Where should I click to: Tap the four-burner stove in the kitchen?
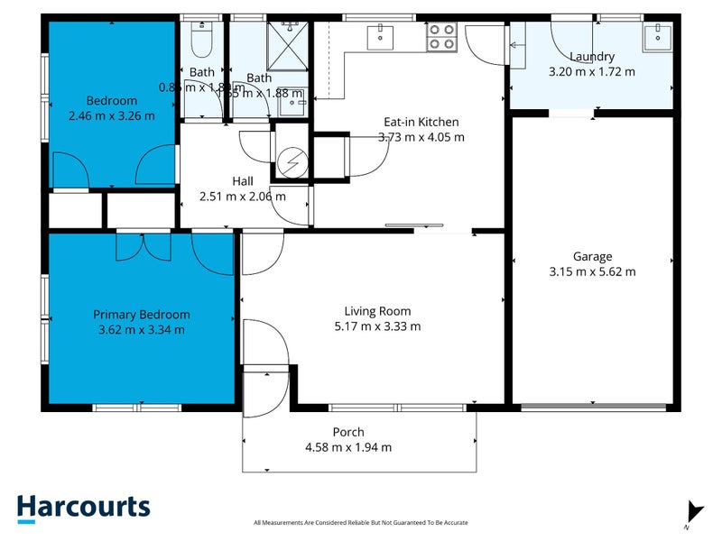coord(441,36)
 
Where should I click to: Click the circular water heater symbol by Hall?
coord(291,163)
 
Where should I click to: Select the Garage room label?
coord(592,256)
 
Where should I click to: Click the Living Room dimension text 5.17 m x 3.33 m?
coord(376,326)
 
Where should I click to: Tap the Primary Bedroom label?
coord(142,315)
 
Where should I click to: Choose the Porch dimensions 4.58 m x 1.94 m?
coord(348,446)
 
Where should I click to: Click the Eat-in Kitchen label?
coord(421,122)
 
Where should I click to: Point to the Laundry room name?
coord(592,56)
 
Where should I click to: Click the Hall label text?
coord(242,180)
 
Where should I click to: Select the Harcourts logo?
coord(83,507)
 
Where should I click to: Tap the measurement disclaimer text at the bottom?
coord(361,522)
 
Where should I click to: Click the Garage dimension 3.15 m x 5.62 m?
coord(592,271)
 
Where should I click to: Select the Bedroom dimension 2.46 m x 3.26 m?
coord(111,115)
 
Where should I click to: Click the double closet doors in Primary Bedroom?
coord(143,246)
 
